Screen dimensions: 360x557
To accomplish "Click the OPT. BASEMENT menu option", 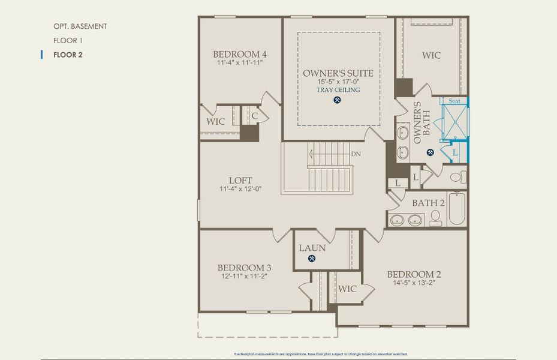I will [x=80, y=26].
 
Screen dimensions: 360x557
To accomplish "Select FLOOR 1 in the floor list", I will [x=67, y=41].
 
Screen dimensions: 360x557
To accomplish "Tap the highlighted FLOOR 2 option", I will [x=68, y=55].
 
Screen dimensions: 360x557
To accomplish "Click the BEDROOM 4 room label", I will [x=240, y=54].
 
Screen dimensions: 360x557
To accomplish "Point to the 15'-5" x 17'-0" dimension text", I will [x=338, y=82].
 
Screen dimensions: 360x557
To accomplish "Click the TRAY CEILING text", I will [x=338, y=90].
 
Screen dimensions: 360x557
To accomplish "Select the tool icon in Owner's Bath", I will [x=430, y=152].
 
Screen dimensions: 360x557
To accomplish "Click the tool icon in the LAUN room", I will [x=312, y=259].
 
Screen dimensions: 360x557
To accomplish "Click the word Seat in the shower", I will [x=454, y=101].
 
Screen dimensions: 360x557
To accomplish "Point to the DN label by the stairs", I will [x=356, y=154].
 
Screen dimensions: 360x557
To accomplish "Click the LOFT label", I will [x=240, y=180].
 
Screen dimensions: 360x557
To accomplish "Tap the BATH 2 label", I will [x=428, y=203].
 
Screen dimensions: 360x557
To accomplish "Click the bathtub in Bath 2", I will [x=456, y=208].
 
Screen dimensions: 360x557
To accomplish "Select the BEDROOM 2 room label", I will [x=414, y=275].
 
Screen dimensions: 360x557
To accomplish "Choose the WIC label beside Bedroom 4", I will [x=216, y=121].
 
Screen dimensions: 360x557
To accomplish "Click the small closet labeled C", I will [x=254, y=116].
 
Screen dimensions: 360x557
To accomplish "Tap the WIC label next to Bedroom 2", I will [x=347, y=289].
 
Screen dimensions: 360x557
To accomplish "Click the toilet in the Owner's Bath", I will [x=457, y=178].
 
